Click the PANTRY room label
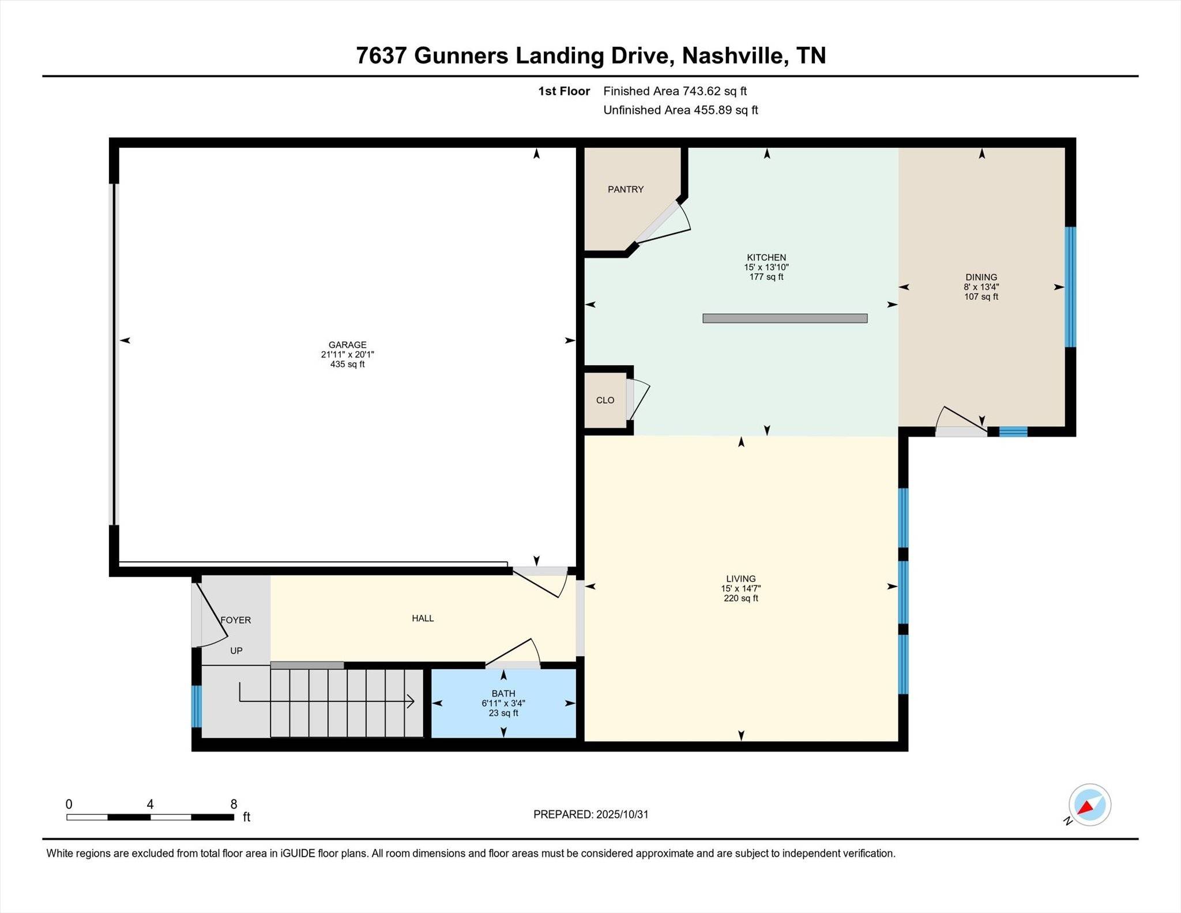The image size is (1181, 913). tap(626, 189)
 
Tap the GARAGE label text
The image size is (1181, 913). tap(348, 345)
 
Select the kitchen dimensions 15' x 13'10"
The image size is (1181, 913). tap(766, 267)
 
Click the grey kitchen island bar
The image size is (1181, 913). tap(785, 318)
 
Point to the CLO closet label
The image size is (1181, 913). tap(605, 400)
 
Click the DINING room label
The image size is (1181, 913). tap(981, 277)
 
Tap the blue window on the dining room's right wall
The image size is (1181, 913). tap(1070, 287)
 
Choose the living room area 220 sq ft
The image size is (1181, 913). tap(741, 598)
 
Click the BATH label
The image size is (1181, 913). tap(503, 693)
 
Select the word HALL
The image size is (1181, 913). tap(423, 618)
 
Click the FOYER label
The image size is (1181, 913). tap(236, 620)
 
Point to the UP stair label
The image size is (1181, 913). tap(236, 651)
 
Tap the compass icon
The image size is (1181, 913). tap(1089, 805)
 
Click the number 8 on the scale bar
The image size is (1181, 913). tap(234, 804)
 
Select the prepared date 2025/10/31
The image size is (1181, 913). tap(622, 814)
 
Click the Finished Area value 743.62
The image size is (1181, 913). tap(702, 91)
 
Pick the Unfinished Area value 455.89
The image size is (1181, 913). tap(713, 110)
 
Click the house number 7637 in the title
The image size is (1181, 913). tap(381, 56)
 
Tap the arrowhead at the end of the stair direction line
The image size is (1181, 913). tap(411, 701)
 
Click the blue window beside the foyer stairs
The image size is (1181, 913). tap(197, 706)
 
